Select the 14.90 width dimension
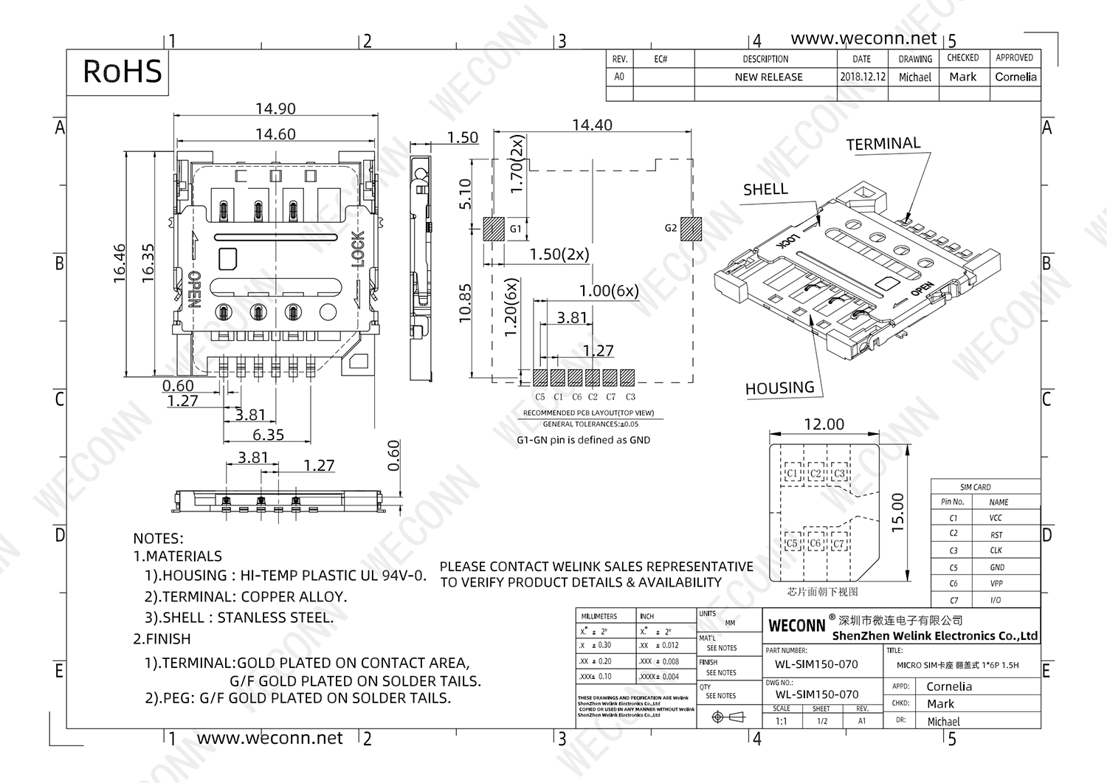(275, 108)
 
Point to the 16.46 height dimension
(120, 263)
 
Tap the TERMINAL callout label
(883, 144)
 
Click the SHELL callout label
(765, 189)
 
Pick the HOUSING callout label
(779, 388)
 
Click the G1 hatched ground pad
(493, 229)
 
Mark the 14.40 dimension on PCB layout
(592, 125)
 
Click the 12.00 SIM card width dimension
(824, 424)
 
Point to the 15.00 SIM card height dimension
(897, 512)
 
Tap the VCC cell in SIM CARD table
(996, 518)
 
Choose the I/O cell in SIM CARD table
(996, 600)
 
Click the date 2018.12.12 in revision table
(862, 77)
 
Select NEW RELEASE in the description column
(768, 77)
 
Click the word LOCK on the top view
(358, 249)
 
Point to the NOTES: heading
(158, 539)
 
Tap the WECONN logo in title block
(796, 626)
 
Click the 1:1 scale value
(781, 721)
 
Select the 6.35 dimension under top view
(268, 435)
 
